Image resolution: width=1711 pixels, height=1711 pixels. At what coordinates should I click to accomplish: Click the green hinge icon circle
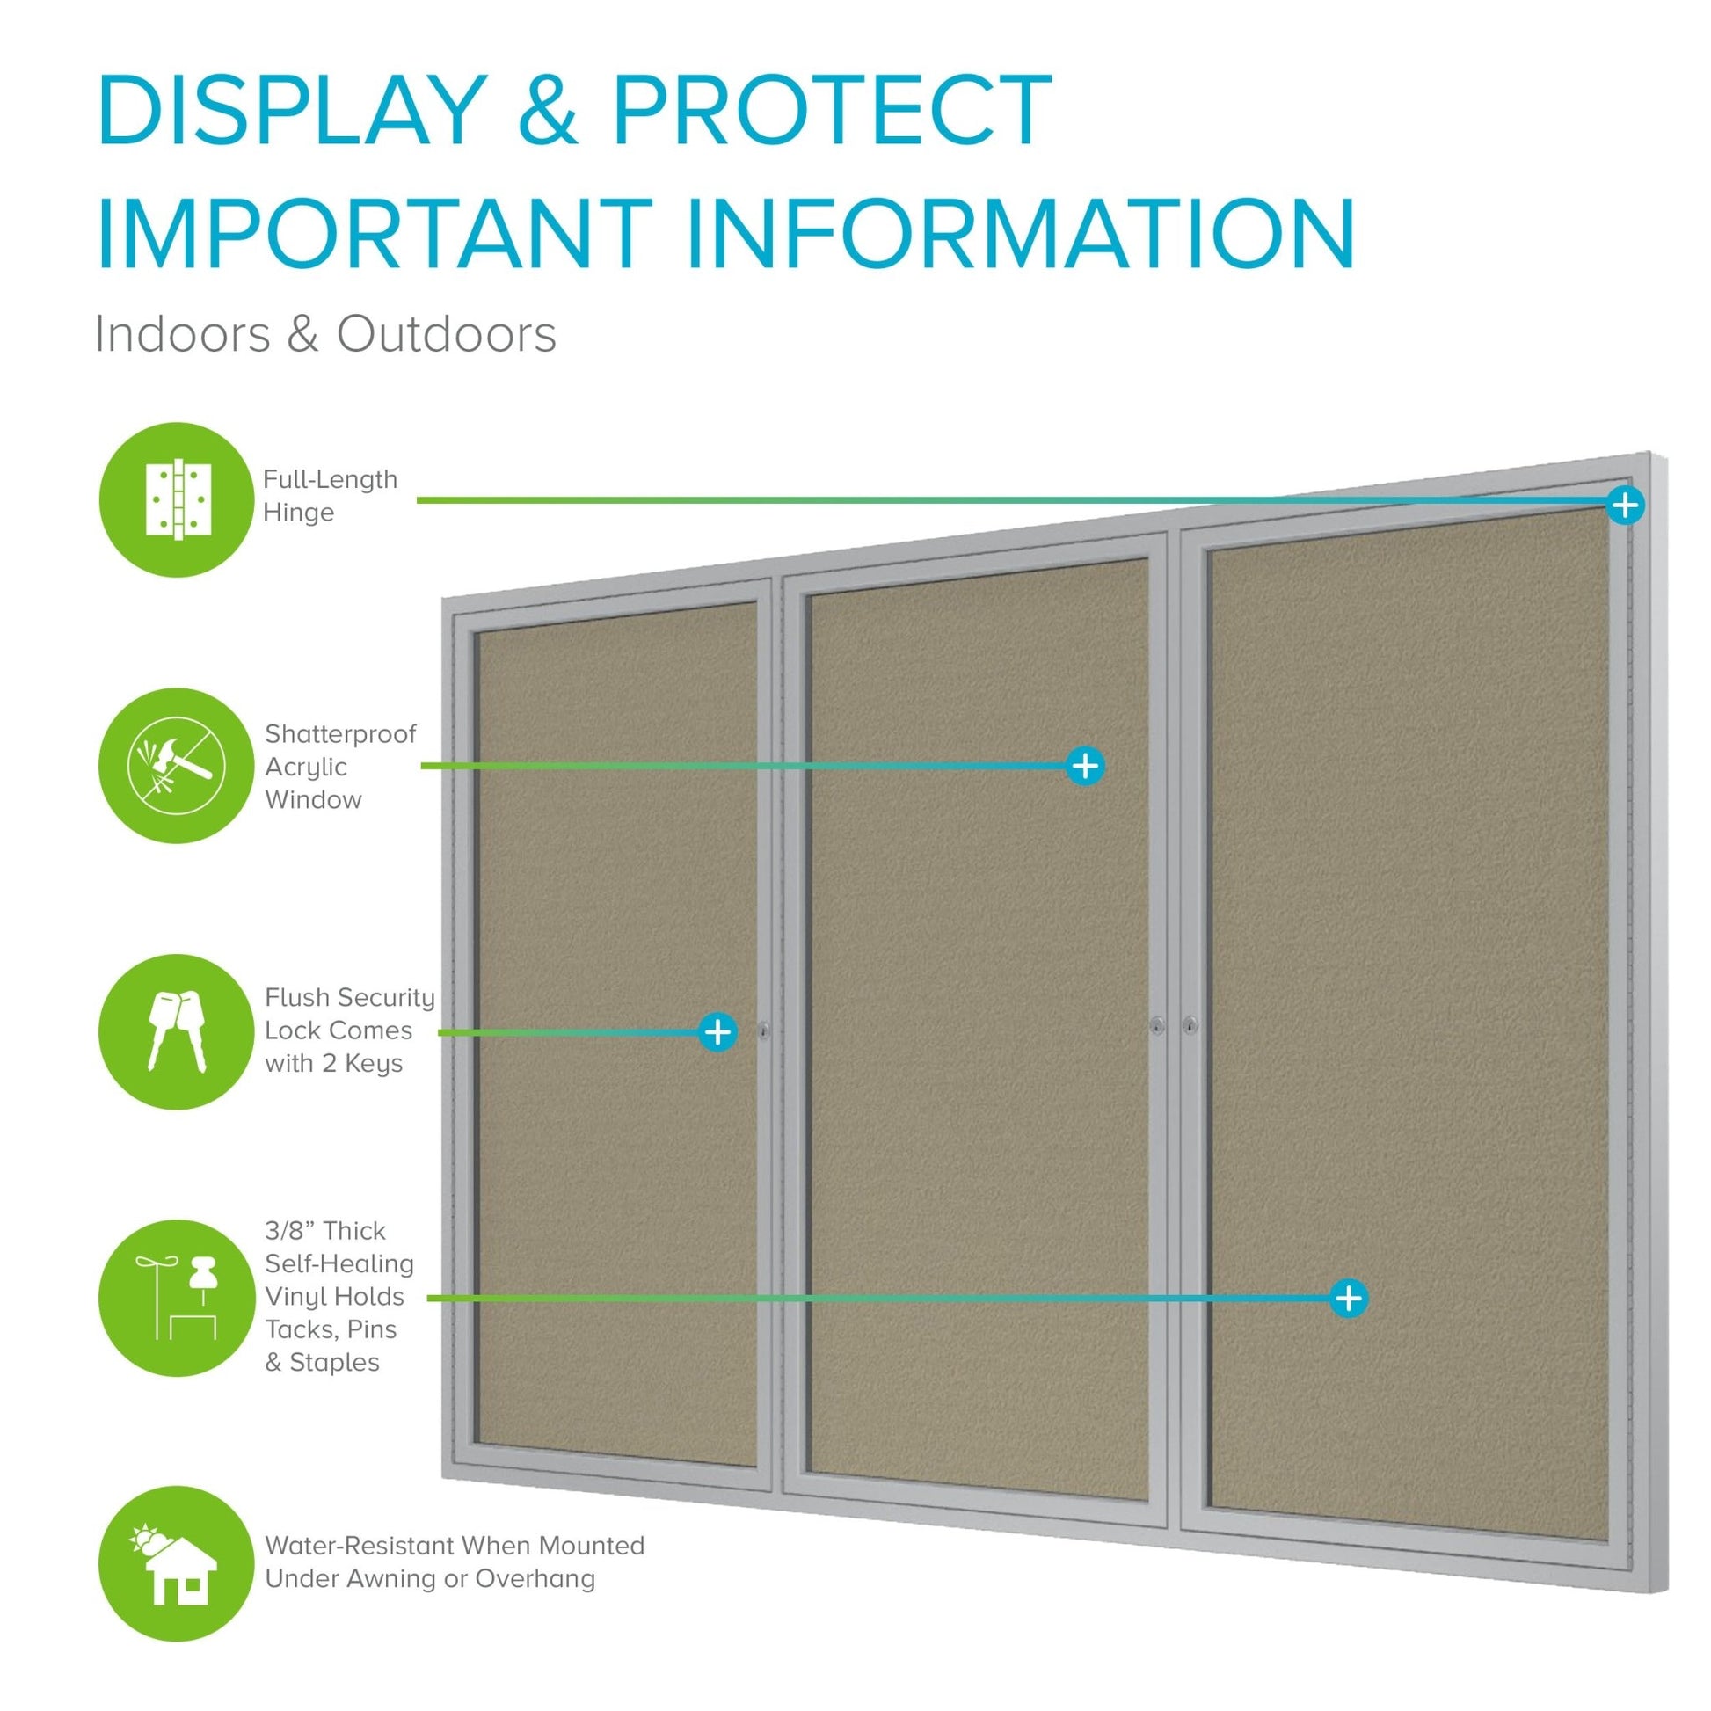176,499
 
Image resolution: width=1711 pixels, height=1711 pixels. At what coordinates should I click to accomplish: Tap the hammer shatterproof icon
176,765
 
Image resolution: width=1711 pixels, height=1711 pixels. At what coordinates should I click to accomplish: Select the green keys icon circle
176,1030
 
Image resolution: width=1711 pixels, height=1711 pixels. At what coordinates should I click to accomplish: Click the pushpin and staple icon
176,1298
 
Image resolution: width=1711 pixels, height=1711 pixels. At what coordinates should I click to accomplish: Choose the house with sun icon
176,1563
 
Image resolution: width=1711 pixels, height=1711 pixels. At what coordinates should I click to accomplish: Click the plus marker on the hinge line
1625,505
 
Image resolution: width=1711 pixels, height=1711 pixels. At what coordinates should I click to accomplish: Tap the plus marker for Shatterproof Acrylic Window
1086,765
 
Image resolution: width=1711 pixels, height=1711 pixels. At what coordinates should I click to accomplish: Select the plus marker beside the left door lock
717,1030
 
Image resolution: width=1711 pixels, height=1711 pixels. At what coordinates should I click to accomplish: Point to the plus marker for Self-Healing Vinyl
1349,1299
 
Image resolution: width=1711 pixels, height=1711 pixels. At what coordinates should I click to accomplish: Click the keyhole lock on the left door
764,1030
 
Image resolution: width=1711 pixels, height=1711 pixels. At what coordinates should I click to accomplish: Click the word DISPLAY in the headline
292,111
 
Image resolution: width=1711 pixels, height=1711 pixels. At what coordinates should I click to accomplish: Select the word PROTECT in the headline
832,111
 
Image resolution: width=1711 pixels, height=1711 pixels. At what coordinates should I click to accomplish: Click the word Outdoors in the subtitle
447,335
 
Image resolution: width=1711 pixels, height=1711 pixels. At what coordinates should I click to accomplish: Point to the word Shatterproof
340,733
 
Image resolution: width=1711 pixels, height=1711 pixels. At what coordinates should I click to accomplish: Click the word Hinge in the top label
298,512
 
